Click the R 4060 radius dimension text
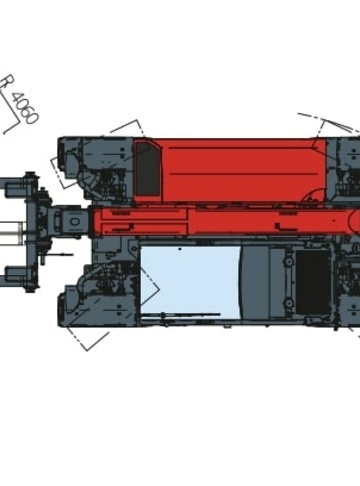19,99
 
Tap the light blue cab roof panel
190,282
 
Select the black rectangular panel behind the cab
313,282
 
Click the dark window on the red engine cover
147,168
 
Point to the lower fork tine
17,274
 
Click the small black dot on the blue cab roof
180,249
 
